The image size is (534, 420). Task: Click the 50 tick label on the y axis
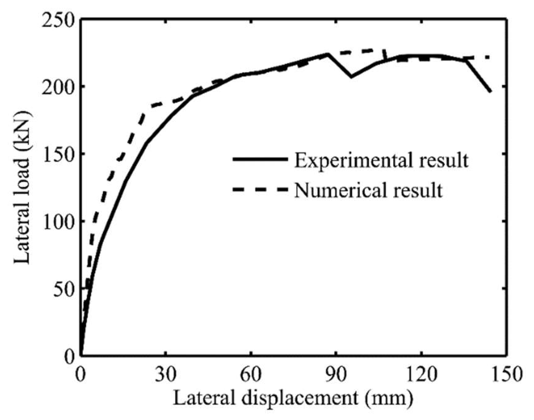64,289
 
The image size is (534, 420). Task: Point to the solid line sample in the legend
260,159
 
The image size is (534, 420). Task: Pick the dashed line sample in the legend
260,189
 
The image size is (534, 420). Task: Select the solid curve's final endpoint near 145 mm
490,91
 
